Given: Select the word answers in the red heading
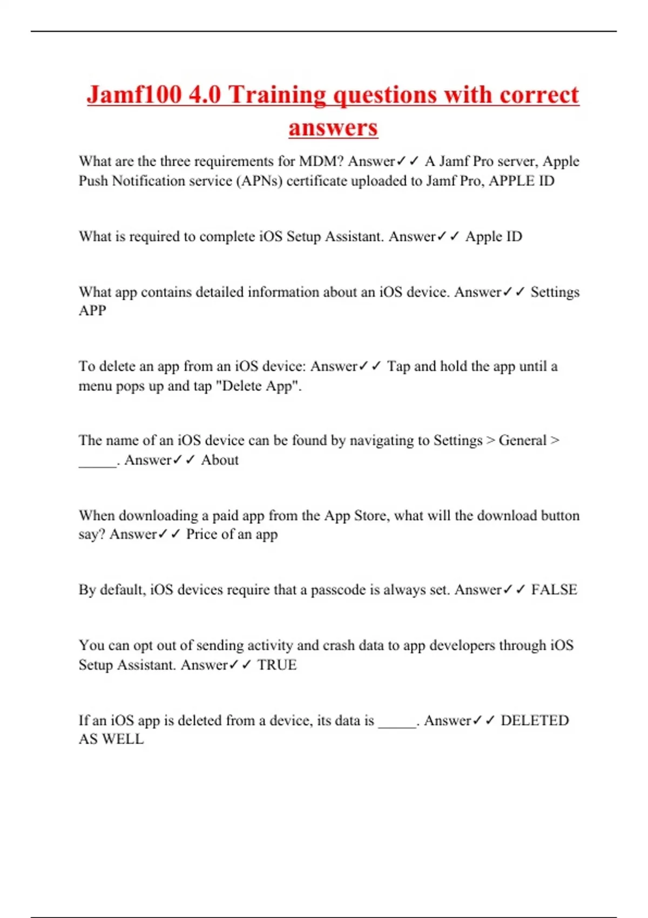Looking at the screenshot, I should click(333, 128).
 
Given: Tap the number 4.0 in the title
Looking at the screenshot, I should click(205, 94).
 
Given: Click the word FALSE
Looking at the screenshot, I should click(554, 590).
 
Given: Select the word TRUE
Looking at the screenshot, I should click(276, 665).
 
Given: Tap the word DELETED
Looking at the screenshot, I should click(535, 720).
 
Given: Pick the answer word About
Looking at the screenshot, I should click(220, 460).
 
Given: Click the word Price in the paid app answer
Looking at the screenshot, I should click(201, 535).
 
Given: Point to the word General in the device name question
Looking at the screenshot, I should click(522, 441).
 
